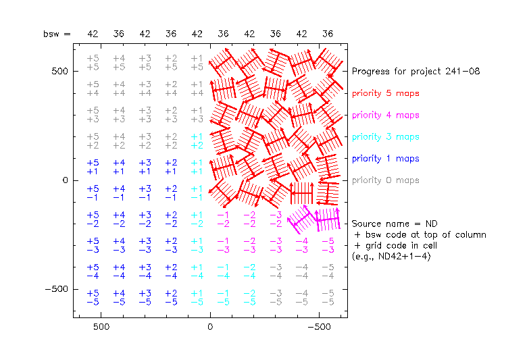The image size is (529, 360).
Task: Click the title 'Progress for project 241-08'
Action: click(x=415, y=71)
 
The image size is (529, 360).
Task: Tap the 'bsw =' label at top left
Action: click(x=56, y=34)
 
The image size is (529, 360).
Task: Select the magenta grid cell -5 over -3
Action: click(x=328, y=245)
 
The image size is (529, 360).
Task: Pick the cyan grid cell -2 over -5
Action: click(x=249, y=297)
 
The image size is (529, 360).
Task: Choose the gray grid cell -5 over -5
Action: click(x=328, y=297)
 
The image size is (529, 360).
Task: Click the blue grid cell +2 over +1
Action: click(x=171, y=167)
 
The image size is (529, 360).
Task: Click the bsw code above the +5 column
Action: click(x=93, y=34)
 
